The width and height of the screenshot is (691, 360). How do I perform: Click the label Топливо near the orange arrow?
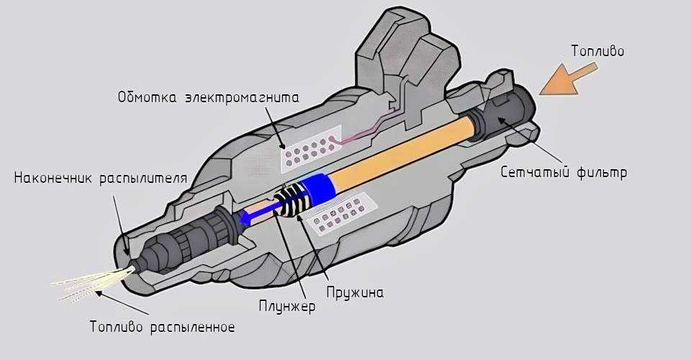[597, 51]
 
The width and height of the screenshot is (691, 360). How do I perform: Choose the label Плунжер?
[287, 306]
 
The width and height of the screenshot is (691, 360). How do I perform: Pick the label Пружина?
[354, 292]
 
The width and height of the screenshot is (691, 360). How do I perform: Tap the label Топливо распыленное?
[162, 326]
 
